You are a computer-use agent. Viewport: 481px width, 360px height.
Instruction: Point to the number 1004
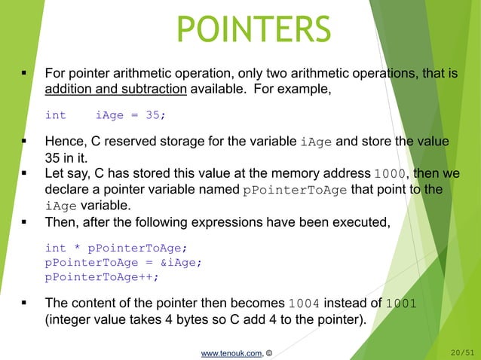[x=305, y=304]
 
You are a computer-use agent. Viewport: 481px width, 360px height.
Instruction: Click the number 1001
[x=400, y=304]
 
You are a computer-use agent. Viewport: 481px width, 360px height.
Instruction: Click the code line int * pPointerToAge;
[x=115, y=248]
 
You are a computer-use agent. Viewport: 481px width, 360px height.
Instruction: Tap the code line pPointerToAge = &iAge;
[x=124, y=262]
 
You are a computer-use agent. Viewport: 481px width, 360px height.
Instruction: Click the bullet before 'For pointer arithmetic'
[x=25, y=75]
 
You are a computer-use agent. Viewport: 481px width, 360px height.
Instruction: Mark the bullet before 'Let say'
[x=25, y=174]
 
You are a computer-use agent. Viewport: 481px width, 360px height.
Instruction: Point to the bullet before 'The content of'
[x=25, y=304]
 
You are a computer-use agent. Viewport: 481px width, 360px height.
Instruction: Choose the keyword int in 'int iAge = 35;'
[x=55, y=115]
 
